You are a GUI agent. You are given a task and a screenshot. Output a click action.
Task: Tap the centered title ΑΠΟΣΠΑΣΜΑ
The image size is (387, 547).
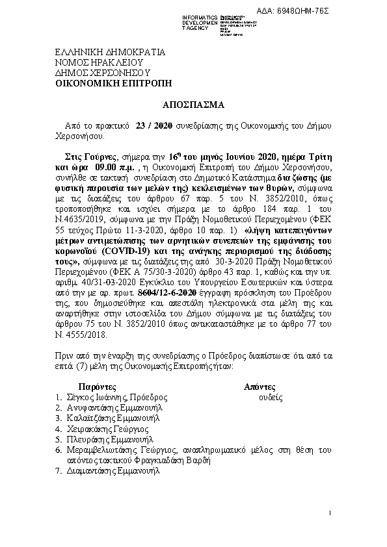193,104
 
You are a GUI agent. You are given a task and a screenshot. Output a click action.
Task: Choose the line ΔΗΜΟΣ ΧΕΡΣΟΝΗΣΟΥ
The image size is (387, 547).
94,73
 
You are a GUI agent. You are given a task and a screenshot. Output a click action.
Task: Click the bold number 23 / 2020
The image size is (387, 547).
153,125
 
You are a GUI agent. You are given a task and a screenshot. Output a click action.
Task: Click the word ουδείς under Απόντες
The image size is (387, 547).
270,396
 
